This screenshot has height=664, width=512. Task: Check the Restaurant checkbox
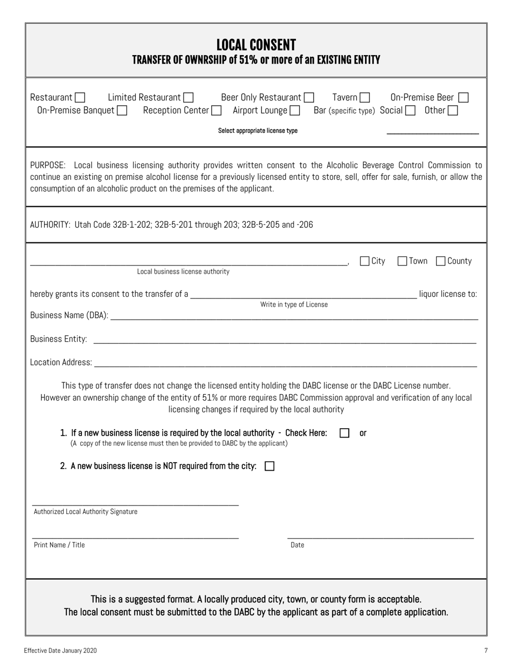point(80,98)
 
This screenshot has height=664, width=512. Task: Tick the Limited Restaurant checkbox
point(188,98)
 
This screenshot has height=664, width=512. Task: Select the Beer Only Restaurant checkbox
point(309,98)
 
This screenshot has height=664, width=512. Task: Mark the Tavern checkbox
point(365,98)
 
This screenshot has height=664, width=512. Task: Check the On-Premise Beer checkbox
point(463,98)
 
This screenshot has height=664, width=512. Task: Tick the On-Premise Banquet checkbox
point(122,111)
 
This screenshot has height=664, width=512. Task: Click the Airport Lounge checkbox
point(295,111)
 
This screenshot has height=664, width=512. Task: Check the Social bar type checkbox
point(410,111)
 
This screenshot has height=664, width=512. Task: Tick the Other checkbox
point(453,111)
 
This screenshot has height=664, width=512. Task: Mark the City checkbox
point(365,261)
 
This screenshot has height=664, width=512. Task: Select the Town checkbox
point(402,261)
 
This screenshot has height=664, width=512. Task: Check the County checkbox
point(440,261)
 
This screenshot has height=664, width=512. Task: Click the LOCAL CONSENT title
point(256,45)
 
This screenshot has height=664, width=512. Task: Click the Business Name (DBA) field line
point(294,317)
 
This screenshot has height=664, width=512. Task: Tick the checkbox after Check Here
point(344,433)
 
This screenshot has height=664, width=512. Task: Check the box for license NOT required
point(270,466)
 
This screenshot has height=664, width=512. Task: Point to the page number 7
point(486,651)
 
